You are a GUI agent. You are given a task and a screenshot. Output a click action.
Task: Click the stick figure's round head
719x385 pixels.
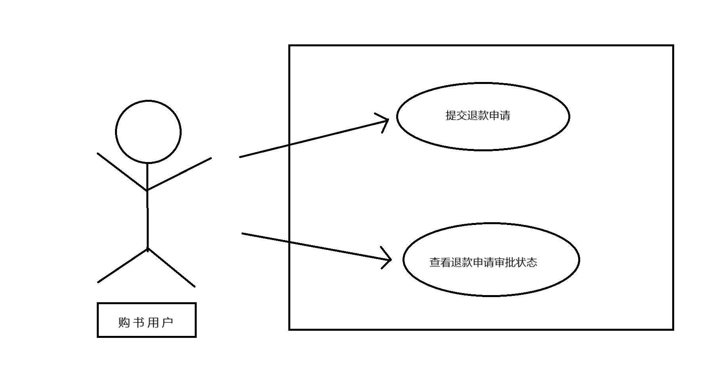point(148,132)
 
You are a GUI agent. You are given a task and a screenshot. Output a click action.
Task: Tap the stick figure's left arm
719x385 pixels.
point(122,172)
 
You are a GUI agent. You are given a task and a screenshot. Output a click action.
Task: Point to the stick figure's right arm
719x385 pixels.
point(179,174)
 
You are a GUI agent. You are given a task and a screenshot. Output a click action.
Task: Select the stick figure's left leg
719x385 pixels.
point(123,266)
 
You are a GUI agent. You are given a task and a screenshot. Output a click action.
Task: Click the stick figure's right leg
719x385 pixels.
point(171,268)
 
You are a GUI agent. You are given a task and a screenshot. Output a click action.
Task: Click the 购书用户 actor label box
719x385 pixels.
point(147,320)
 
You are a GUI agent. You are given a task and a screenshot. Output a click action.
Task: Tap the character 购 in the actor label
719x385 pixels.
point(124,322)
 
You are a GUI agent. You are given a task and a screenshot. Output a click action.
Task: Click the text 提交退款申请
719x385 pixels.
point(478,116)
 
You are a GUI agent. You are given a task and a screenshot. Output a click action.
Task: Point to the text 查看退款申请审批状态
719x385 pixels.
point(483,262)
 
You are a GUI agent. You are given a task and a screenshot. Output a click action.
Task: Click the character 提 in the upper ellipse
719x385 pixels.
point(451,116)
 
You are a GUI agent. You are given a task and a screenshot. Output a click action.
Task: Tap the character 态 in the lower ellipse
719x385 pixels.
point(532,262)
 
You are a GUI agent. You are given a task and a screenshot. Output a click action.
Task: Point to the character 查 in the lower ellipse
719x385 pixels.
point(435,262)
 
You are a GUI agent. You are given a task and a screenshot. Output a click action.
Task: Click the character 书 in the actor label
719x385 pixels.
point(138,322)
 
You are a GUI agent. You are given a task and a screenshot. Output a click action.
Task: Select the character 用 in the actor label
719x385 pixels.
point(153,322)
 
